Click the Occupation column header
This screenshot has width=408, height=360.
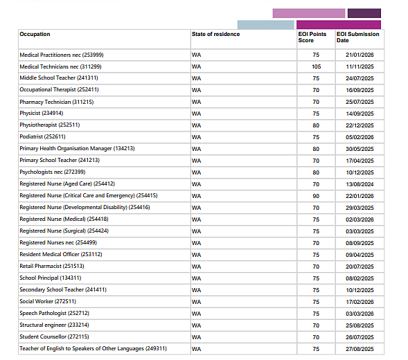pyautogui.click(x=35, y=34)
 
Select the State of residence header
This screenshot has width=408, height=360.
pyautogui.click(x=215, y=34)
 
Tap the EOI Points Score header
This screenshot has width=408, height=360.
pyautogui.click(x=312, y=37)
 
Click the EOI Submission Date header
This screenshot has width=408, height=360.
pyautogui.click(x=358, y=37)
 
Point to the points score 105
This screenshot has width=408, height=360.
pyautogui.click(x=316, y=66)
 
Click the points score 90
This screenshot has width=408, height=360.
pyautogui.click(x=316, y=196)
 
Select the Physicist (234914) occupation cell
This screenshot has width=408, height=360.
pyautogui.click(x=42, y=113)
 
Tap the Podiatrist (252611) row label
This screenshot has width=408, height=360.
pyautogui.click(x=42, y=136)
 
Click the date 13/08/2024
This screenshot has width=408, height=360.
pyautogui.click(x=360, y=184)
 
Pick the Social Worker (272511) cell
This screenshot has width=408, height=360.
pyautogui.click(x=48, y=301)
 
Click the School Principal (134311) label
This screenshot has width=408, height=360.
pyautogui.click(x=51, y=278)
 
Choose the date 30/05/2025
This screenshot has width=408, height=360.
pyautogui.click(x=360, y=149)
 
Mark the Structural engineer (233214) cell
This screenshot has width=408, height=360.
pyautogui.click(x=55, y=325)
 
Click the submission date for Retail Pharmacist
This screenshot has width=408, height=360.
pyautogui.click(x=360, y=267)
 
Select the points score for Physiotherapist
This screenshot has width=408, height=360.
pyautogui.click(x=316, y=125)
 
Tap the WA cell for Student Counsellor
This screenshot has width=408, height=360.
pyautogui.click(x=197, y=337)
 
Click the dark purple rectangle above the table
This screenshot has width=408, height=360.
pyautogui.click(x=364, y=13)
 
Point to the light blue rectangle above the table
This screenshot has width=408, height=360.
pyautogui.click(x=266, y=25)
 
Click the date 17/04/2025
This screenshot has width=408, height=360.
pyautogui.click(x=360, y=161)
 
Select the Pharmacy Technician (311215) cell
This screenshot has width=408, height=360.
pyautogui.click(x=57, y=102)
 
